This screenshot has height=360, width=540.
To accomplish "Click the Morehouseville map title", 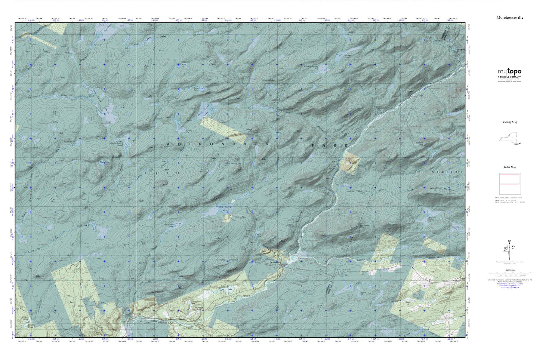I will click(x=509, y=17).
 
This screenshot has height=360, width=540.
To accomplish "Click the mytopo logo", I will click(x=509, y=72).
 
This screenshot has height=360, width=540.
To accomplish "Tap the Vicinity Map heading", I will click(x=509, y=122).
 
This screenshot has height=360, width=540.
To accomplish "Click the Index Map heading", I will click(x=509, y=167).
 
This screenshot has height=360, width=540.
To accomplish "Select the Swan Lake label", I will click(x=223, y=289).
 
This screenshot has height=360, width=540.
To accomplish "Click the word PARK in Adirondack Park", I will click(x=330, y=145).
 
